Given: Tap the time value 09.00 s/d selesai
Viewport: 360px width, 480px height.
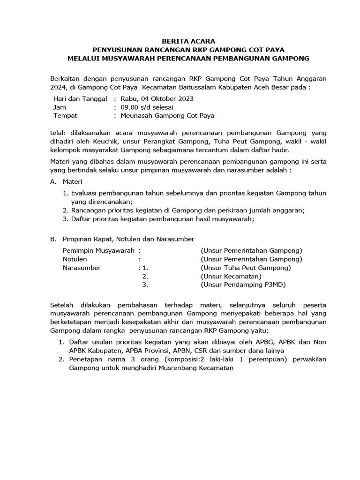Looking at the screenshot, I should [145, 107].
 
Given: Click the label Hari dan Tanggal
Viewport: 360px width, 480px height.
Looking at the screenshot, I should [81, 99].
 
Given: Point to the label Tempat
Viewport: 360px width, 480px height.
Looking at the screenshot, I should [65, 116].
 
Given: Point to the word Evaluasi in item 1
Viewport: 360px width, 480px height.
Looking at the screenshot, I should [86, 193].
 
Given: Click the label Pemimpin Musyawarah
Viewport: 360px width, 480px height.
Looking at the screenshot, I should [98, 251].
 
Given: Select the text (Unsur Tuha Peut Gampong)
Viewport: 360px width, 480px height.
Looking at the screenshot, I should [246, 268].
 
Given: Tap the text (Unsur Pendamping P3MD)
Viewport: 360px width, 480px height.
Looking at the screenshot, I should [243, 285].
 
